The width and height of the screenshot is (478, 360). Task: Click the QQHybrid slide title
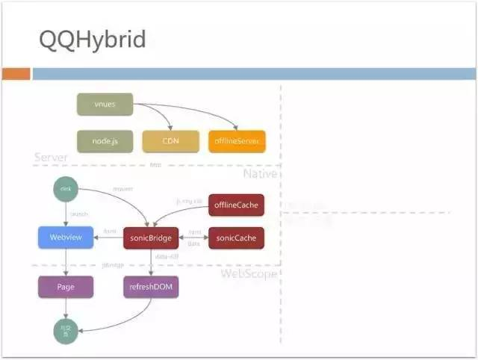92,40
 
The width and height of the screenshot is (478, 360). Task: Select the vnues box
105,105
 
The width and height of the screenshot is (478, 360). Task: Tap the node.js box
105,141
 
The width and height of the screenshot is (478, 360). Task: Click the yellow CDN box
170,141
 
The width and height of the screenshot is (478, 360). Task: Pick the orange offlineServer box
236,141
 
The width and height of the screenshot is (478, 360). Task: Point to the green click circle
65,190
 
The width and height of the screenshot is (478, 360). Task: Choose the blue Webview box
66,238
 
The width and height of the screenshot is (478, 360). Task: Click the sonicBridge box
151,238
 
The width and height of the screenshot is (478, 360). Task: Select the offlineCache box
236,205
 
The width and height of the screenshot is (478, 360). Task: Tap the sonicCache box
236,238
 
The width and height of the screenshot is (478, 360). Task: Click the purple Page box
66,288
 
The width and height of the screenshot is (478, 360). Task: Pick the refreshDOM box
151,288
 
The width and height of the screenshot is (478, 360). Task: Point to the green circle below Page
65,329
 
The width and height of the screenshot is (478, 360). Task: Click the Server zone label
51,158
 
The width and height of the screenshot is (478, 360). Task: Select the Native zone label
260,173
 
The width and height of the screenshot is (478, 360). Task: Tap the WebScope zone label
249,274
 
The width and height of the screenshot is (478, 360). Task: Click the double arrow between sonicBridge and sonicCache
193,238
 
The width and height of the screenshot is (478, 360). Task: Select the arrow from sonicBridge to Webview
109,238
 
